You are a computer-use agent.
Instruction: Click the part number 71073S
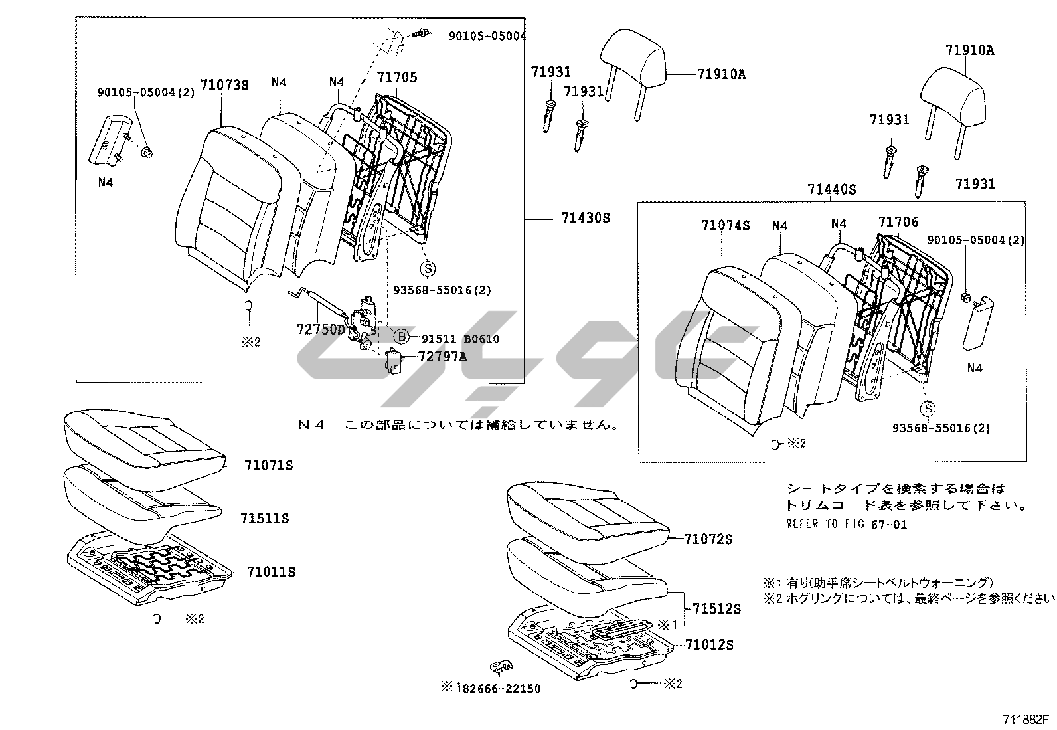point(224,85)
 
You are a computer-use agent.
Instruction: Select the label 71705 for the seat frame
point(397,78)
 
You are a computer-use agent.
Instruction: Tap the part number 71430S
point(585,218)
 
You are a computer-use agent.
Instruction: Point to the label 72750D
point(321,329)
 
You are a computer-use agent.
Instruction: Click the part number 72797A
point(442,357)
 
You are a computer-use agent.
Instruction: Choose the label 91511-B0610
point(460,339)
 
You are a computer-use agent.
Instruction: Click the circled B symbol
point(402,337)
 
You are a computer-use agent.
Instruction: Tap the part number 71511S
point(265,519)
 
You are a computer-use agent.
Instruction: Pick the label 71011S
point(271,572)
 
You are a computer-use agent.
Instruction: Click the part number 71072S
point(708,539)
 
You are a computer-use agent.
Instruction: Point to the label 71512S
point(716,608)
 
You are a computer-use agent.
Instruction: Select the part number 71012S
point(710,644)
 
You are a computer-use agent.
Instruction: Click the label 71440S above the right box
point(831,189)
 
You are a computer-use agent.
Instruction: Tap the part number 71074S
point(725,225)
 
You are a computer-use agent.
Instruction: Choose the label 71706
point(898,222)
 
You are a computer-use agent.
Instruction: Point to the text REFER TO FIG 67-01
point(847,524)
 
